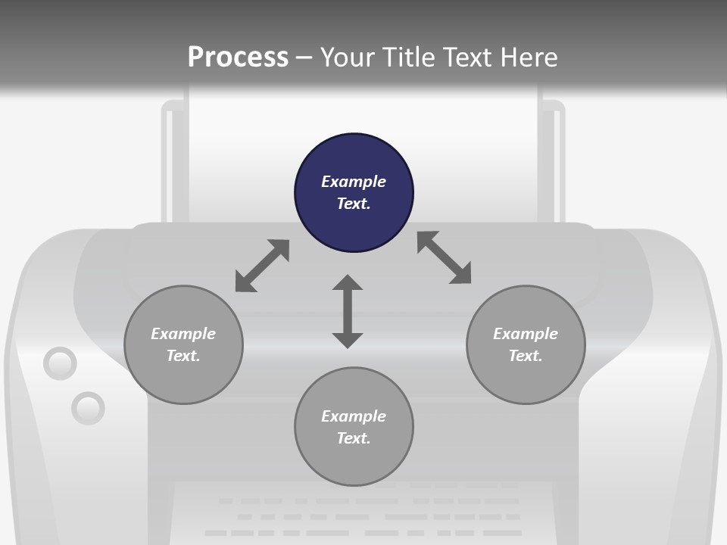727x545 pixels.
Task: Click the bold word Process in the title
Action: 238,58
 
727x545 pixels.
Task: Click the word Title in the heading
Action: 408,58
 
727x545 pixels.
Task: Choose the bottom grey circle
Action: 354,462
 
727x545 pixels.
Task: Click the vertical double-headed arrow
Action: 348,312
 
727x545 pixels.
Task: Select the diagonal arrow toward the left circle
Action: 262,266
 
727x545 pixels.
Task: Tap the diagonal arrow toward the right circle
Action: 445,257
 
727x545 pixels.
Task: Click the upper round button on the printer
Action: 60,364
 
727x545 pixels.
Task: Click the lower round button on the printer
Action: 88,409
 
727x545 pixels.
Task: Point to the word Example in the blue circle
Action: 354,182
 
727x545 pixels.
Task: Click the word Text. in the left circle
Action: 183,356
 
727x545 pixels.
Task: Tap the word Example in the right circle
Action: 526,334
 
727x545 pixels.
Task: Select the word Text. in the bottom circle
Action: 354,438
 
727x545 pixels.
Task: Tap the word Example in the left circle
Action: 183,334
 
